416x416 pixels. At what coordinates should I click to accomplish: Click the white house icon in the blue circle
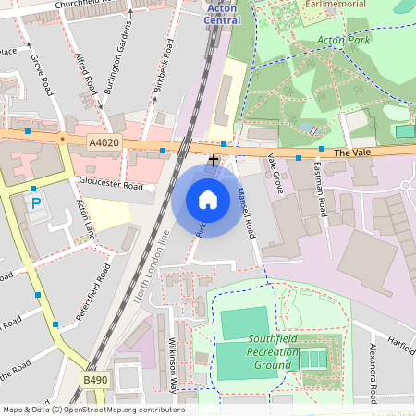(208, 200)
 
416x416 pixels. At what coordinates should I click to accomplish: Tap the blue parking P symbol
(36, 203)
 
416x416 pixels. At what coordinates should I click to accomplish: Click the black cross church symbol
(214, 160)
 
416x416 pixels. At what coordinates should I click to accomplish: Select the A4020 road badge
(104, 142)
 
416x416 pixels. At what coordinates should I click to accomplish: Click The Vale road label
(352, 152)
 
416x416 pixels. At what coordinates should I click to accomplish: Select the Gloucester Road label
(111, 185)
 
